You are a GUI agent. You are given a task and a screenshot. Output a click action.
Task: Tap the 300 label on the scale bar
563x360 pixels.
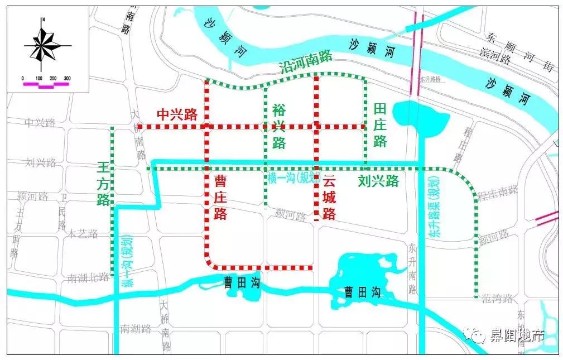[67, 78]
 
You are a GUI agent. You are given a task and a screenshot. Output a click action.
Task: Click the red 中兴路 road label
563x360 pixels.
[177, 115]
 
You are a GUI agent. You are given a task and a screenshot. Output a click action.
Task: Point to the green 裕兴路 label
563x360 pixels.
[279, 126]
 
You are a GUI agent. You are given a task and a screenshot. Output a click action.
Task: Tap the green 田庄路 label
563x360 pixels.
[381, 125]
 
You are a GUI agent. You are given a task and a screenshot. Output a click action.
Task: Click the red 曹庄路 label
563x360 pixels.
[221, 196]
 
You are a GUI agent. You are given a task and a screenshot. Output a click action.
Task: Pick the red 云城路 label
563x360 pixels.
[330, 196]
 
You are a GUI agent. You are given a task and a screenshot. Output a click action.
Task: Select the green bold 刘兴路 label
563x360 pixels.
[378, 181]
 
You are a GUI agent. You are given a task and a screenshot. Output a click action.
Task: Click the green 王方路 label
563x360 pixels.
[103, 184]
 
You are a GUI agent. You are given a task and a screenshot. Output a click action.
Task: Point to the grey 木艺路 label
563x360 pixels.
[82, 234]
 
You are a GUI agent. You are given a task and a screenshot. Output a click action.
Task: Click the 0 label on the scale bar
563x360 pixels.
[22, 78]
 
